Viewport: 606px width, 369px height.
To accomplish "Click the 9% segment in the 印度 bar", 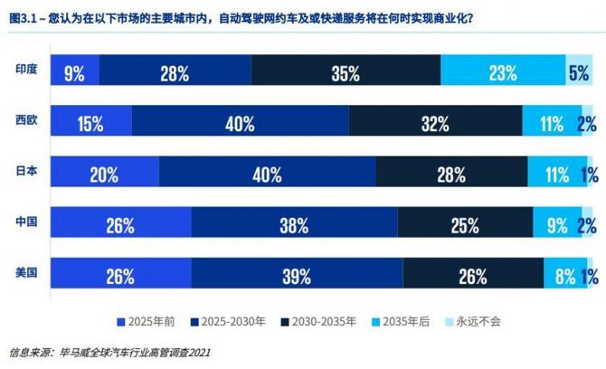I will [x=74, y=72].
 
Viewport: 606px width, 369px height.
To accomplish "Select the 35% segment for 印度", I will [x=346, y=72].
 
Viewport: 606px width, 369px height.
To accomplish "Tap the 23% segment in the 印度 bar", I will [x=503, y=72].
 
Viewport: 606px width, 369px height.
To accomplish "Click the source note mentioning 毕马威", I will [x=109, y=353].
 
